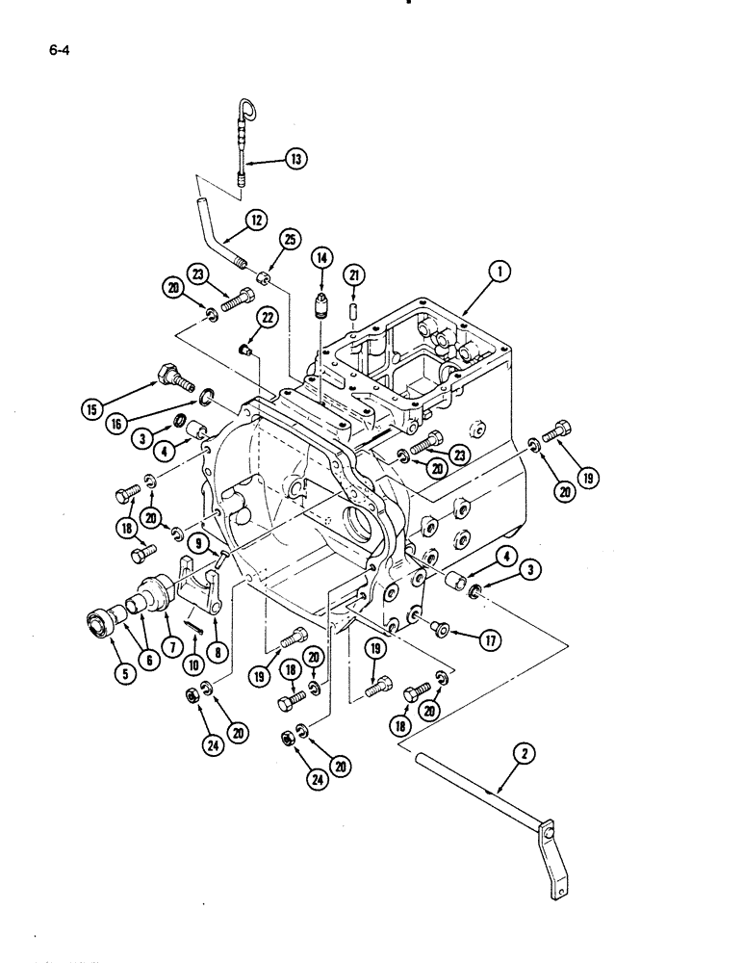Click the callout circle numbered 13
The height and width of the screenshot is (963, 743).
[295, 160]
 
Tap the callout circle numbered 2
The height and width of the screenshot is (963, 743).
[524, 755]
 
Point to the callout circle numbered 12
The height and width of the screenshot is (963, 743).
[256, 221]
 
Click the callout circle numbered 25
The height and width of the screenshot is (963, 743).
[289, 240]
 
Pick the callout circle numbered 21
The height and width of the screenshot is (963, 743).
[354, 276]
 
